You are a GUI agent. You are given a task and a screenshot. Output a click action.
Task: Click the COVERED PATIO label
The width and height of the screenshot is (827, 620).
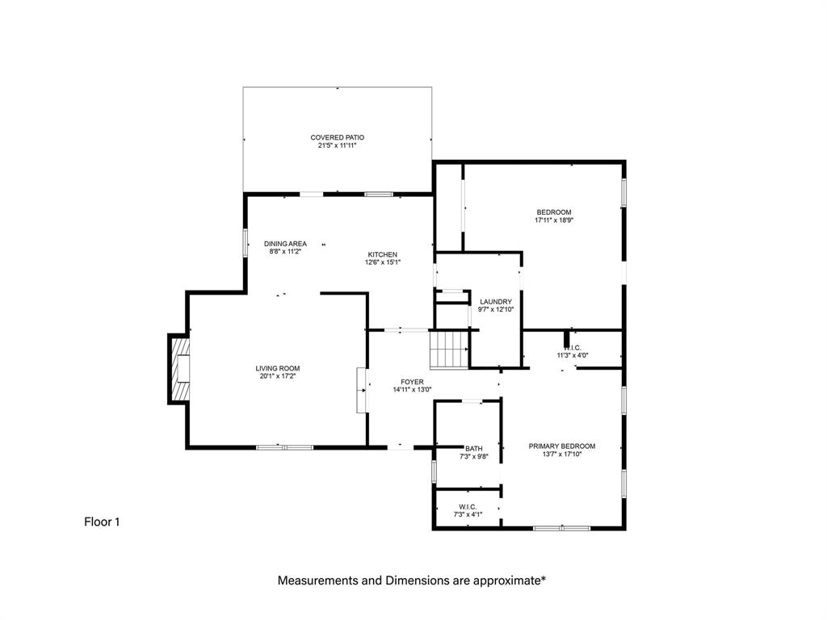338,137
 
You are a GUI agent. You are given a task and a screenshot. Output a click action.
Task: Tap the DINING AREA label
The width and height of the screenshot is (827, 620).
285,243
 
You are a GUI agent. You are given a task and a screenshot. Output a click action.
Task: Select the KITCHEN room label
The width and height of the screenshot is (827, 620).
383,254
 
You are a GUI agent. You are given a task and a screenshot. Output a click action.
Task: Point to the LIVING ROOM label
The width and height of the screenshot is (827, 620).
279,368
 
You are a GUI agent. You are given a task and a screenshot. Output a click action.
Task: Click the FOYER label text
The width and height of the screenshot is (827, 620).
412,382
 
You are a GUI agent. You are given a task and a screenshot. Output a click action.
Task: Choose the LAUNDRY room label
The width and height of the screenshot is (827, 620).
496,302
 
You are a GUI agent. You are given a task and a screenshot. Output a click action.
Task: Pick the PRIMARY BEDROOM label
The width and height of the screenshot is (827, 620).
561,446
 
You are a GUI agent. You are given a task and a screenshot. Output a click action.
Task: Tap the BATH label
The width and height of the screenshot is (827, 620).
474,449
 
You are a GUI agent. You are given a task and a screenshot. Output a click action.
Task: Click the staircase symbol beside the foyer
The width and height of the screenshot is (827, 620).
449,349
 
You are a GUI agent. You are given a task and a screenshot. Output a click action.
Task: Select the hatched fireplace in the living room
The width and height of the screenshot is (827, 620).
180,368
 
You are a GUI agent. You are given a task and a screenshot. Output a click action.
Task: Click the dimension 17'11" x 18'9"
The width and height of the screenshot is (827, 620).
554,220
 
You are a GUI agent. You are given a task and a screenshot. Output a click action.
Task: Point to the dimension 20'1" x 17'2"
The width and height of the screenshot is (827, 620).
279,376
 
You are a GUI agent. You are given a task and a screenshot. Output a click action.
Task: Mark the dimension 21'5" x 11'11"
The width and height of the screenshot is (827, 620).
338,145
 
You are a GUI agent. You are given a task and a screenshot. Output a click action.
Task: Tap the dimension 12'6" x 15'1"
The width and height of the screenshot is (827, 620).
383,262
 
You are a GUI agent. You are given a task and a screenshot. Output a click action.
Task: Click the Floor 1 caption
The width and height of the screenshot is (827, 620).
102,522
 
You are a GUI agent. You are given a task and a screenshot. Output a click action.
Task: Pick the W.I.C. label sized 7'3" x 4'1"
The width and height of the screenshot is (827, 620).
467,507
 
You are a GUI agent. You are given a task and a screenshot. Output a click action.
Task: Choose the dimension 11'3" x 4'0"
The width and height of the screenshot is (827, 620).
573,355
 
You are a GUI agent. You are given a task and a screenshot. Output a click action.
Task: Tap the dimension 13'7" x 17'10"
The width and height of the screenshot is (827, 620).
561,454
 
